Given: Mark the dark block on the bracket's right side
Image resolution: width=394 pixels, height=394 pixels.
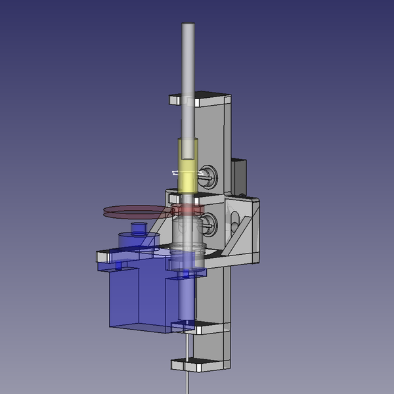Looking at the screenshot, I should point(239,174).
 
